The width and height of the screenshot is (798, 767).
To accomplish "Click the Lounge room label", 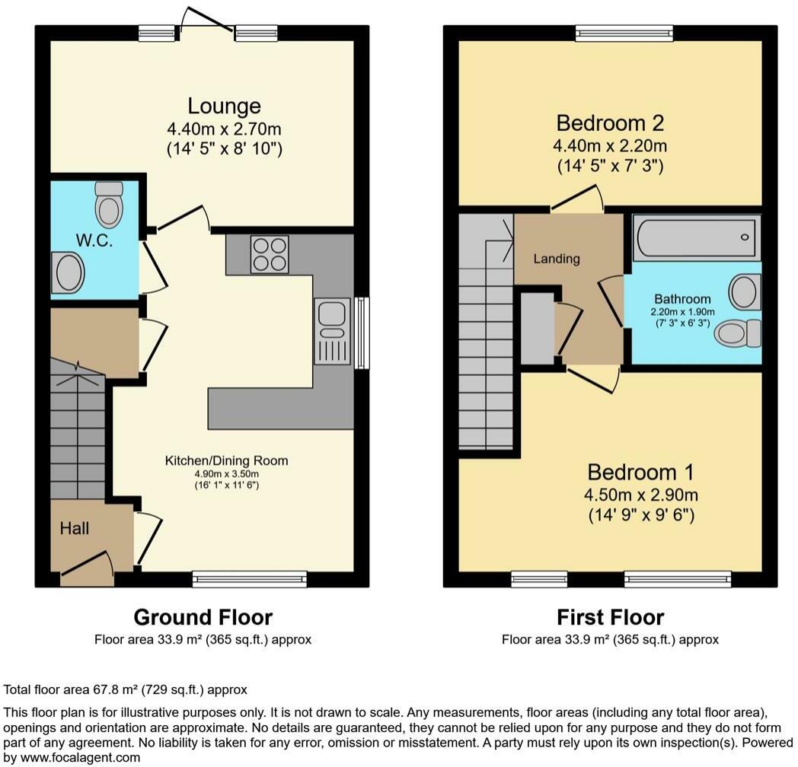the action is (x=224, y=106).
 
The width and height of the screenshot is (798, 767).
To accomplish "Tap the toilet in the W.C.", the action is (x=110, y=205).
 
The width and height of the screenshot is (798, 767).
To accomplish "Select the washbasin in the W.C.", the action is (x=68, y=273).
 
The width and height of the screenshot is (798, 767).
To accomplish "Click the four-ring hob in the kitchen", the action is (x=270, y=254).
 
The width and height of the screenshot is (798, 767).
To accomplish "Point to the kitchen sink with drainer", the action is (x=332, y=331).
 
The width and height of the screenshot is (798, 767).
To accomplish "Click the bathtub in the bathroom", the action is (x=697, y=237).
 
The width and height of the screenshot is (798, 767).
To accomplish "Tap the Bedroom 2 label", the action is (x=610, y=123).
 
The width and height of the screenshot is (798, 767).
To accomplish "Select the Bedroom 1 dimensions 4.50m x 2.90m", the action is (x=640, y=495).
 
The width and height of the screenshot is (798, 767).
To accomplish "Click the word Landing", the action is (x=557, y=259).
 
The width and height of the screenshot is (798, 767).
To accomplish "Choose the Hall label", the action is (x=75, y=529).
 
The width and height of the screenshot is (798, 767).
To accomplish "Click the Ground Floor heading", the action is (x=203, y=617).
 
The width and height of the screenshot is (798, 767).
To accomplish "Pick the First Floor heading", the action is (x=610, y=617).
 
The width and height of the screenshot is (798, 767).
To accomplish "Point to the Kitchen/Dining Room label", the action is (x=226, y=461).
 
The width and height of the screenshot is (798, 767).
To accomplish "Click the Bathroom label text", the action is (x=682, y=299).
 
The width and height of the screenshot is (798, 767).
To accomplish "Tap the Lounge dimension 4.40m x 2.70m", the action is (x=224, y=129).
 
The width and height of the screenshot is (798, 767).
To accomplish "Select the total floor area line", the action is (x=125, y=689).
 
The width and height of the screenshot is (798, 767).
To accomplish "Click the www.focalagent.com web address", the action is (x=81, y=757).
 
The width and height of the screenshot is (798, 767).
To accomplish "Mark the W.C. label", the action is (x=94, y=240).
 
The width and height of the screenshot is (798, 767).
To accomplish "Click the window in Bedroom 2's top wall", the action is (x=624, y=33).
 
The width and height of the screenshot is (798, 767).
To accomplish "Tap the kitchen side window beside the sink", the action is (x=362, y=333).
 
